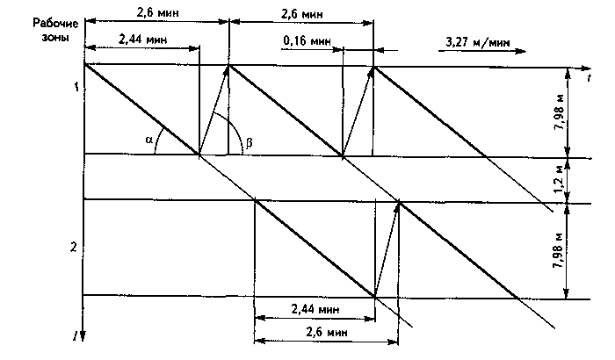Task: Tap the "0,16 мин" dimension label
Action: tap(308, 41)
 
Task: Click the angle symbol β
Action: tap(249, 145)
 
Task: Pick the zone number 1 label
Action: tap(77, 87)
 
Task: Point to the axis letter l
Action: tap(76, 335)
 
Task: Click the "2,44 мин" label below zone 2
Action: tap(315, 309)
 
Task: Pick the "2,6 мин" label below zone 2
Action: tap(327, 333)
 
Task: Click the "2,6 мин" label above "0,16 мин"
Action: tap(300, 14)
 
